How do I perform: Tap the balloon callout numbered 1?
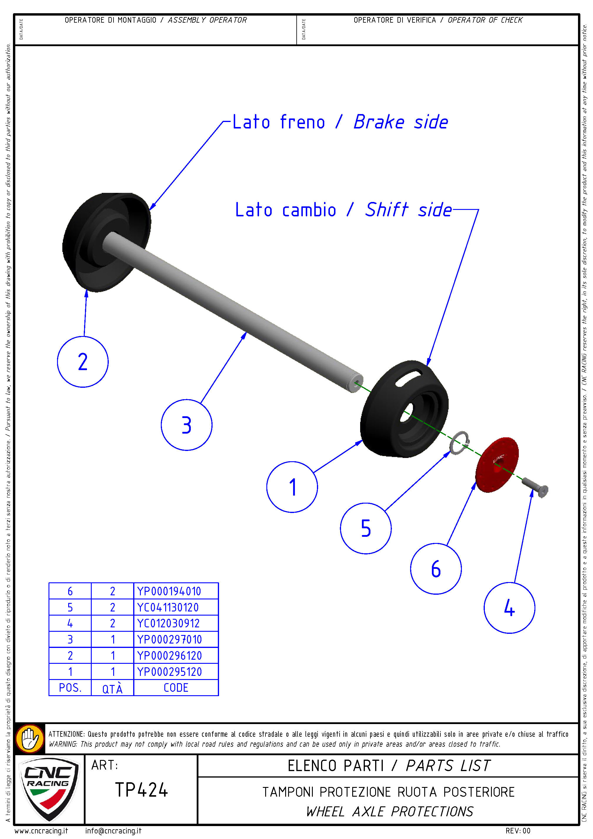[x=292, y=487]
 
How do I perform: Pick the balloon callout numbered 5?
[x=365, y=528]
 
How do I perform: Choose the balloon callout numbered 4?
[x=509, y=608]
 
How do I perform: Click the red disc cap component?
[x=497, y=464]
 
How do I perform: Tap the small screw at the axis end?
[x=535, y=486]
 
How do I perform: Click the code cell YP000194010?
[x=176, y=591]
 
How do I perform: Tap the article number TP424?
[x=141, y=790]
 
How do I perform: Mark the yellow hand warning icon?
[x=30, y=738]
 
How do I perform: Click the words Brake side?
[x=400, y=122]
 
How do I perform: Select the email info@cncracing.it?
[x=113, y=830]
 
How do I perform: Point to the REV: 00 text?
[x=518, y=830]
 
